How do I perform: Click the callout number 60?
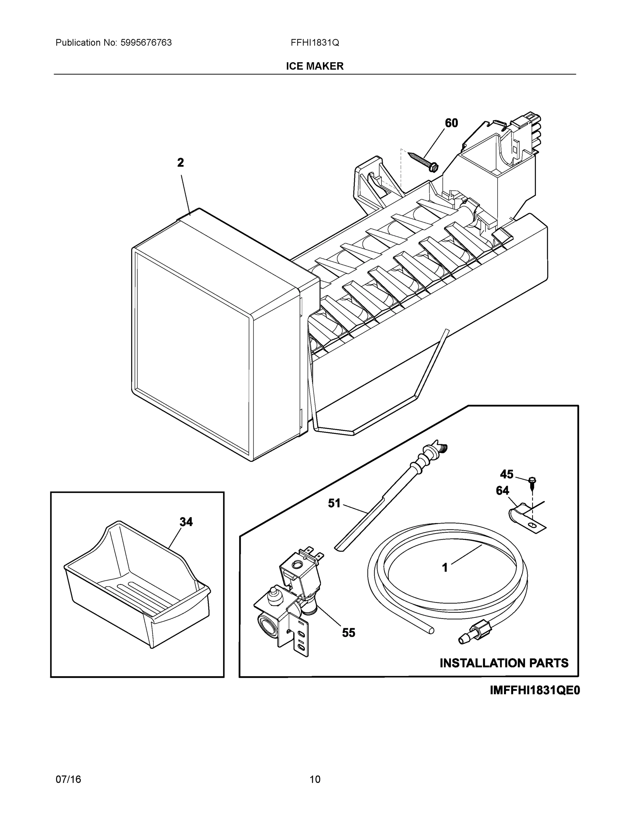point(451,123)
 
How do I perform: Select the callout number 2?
point(181,163)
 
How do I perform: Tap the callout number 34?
point(186,522)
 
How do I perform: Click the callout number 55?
point(348,633)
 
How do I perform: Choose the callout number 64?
point(502,490)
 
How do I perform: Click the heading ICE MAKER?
point(314,66)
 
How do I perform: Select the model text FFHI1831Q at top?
point(314,42)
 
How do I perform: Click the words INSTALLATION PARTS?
point(504,663)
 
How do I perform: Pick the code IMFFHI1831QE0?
point(535,690)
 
